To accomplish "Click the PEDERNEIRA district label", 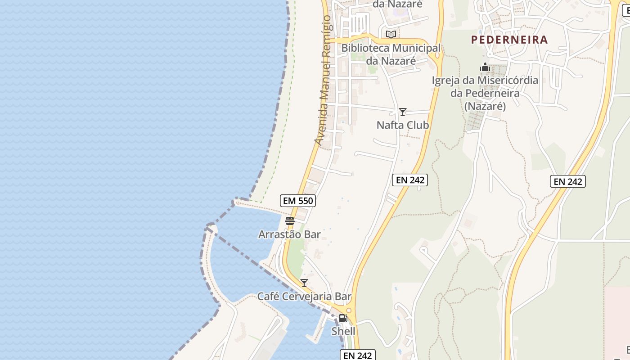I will pyautogui.click(x=509, y=40).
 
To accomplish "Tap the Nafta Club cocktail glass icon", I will pyautogui.click(x=403, y=112).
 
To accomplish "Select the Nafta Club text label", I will pyautogui.click(x=403, y=125).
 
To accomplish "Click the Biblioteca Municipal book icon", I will pyautogui.click(x=391, y=34).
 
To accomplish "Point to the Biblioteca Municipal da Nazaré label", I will pyautogui.click(x=391, y=54).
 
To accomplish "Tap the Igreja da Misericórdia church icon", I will pyautogui.click(x=485, y=67).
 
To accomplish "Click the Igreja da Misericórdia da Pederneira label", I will pyautogui.click(x=485, y=93).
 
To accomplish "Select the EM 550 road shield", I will pyautogui.click(x=297, y=201).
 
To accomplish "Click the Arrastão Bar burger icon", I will pyautogui.click(x=289, y=220).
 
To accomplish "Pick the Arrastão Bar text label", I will pyautogui.click(x=289, y=234).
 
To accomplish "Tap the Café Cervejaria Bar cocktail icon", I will pyautogui.click(x=304, y=283).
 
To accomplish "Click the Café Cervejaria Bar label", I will pyautogui.click(x=304, y=297).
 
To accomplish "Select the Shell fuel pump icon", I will pyautogui.click(x=343, y=318).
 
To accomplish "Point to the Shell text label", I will pyautogui.click(x=343, y=331).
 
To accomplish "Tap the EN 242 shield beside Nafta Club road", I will pyautogui.click(x=409, y=180).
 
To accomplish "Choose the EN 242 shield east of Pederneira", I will pyautogui.click(x=567, y=181).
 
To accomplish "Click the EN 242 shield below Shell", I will pyautogui.click(x=357, y=355).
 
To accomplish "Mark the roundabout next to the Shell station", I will pyautogui.click(x=349, y=310).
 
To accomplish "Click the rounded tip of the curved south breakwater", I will pyautogui.click(x=210, y=226).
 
